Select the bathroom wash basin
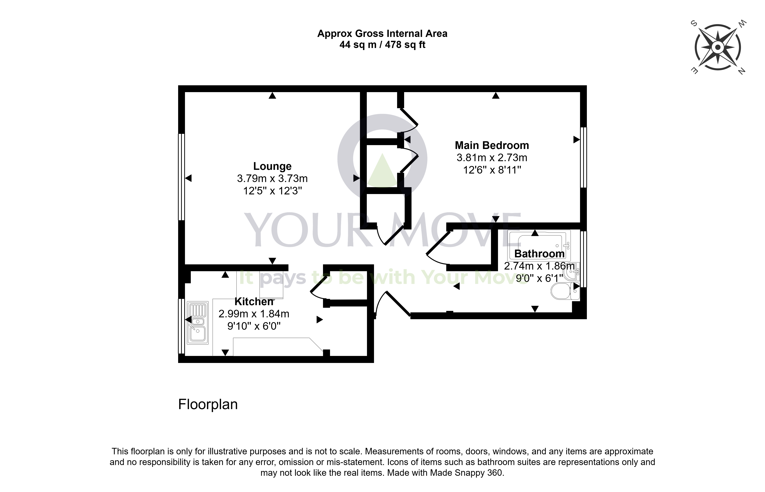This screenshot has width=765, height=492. coord(572,272)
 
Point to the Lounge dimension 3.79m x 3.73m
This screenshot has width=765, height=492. coord(272,178)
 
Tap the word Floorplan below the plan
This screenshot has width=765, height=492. coord(208,404)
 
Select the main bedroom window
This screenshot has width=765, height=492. coord(583,157)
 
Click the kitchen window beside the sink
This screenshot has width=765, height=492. coord(181,326)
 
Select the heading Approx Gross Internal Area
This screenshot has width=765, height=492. coord(382,34)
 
